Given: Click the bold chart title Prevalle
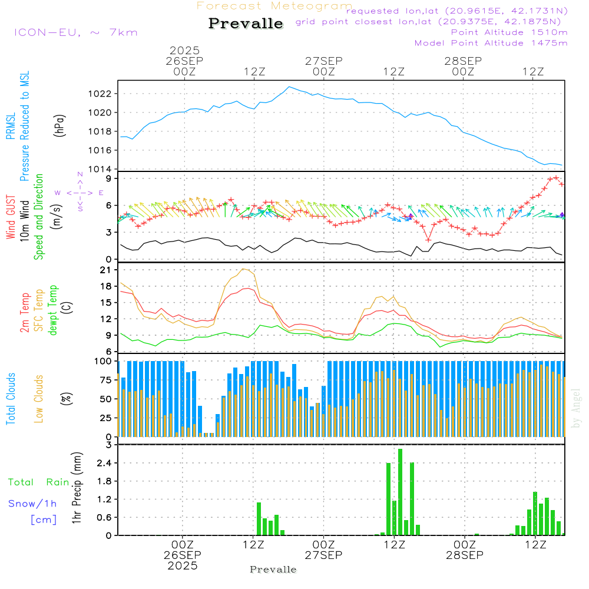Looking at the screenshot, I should pos(246,24).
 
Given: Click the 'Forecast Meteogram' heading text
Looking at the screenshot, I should pos(274,6).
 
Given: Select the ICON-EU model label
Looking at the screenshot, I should pos(75,32).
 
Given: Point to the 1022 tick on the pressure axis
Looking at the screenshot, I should pos(102,94).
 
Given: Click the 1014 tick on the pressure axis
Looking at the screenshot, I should pos(102,170).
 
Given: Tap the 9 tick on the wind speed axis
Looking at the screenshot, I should pos(110,178).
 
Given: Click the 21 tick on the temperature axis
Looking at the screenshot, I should pos(107,270).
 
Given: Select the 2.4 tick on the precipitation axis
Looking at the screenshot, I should pos(105,464).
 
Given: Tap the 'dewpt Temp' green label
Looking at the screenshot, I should pos(53,311).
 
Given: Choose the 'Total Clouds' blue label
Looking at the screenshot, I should pos(11,398).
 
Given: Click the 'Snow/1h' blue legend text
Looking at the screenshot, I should pos(32,504).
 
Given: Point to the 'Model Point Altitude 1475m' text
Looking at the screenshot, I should pos(491,42).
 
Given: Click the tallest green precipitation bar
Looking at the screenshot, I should pos(401,492).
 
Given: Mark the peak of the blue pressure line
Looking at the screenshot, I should pos(289,87).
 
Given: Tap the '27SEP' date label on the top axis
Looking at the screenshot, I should pos(323,61).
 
